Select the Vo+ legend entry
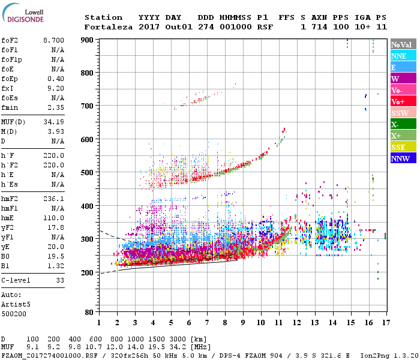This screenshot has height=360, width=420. click(398, 101)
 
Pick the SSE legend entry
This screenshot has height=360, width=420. click(398, 147)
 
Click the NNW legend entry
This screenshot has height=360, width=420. click(400, 158)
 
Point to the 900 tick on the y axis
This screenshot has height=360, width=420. click(88, 40)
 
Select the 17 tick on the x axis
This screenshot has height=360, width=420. click(385, 322)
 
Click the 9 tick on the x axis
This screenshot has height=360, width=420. click(242, 322)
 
